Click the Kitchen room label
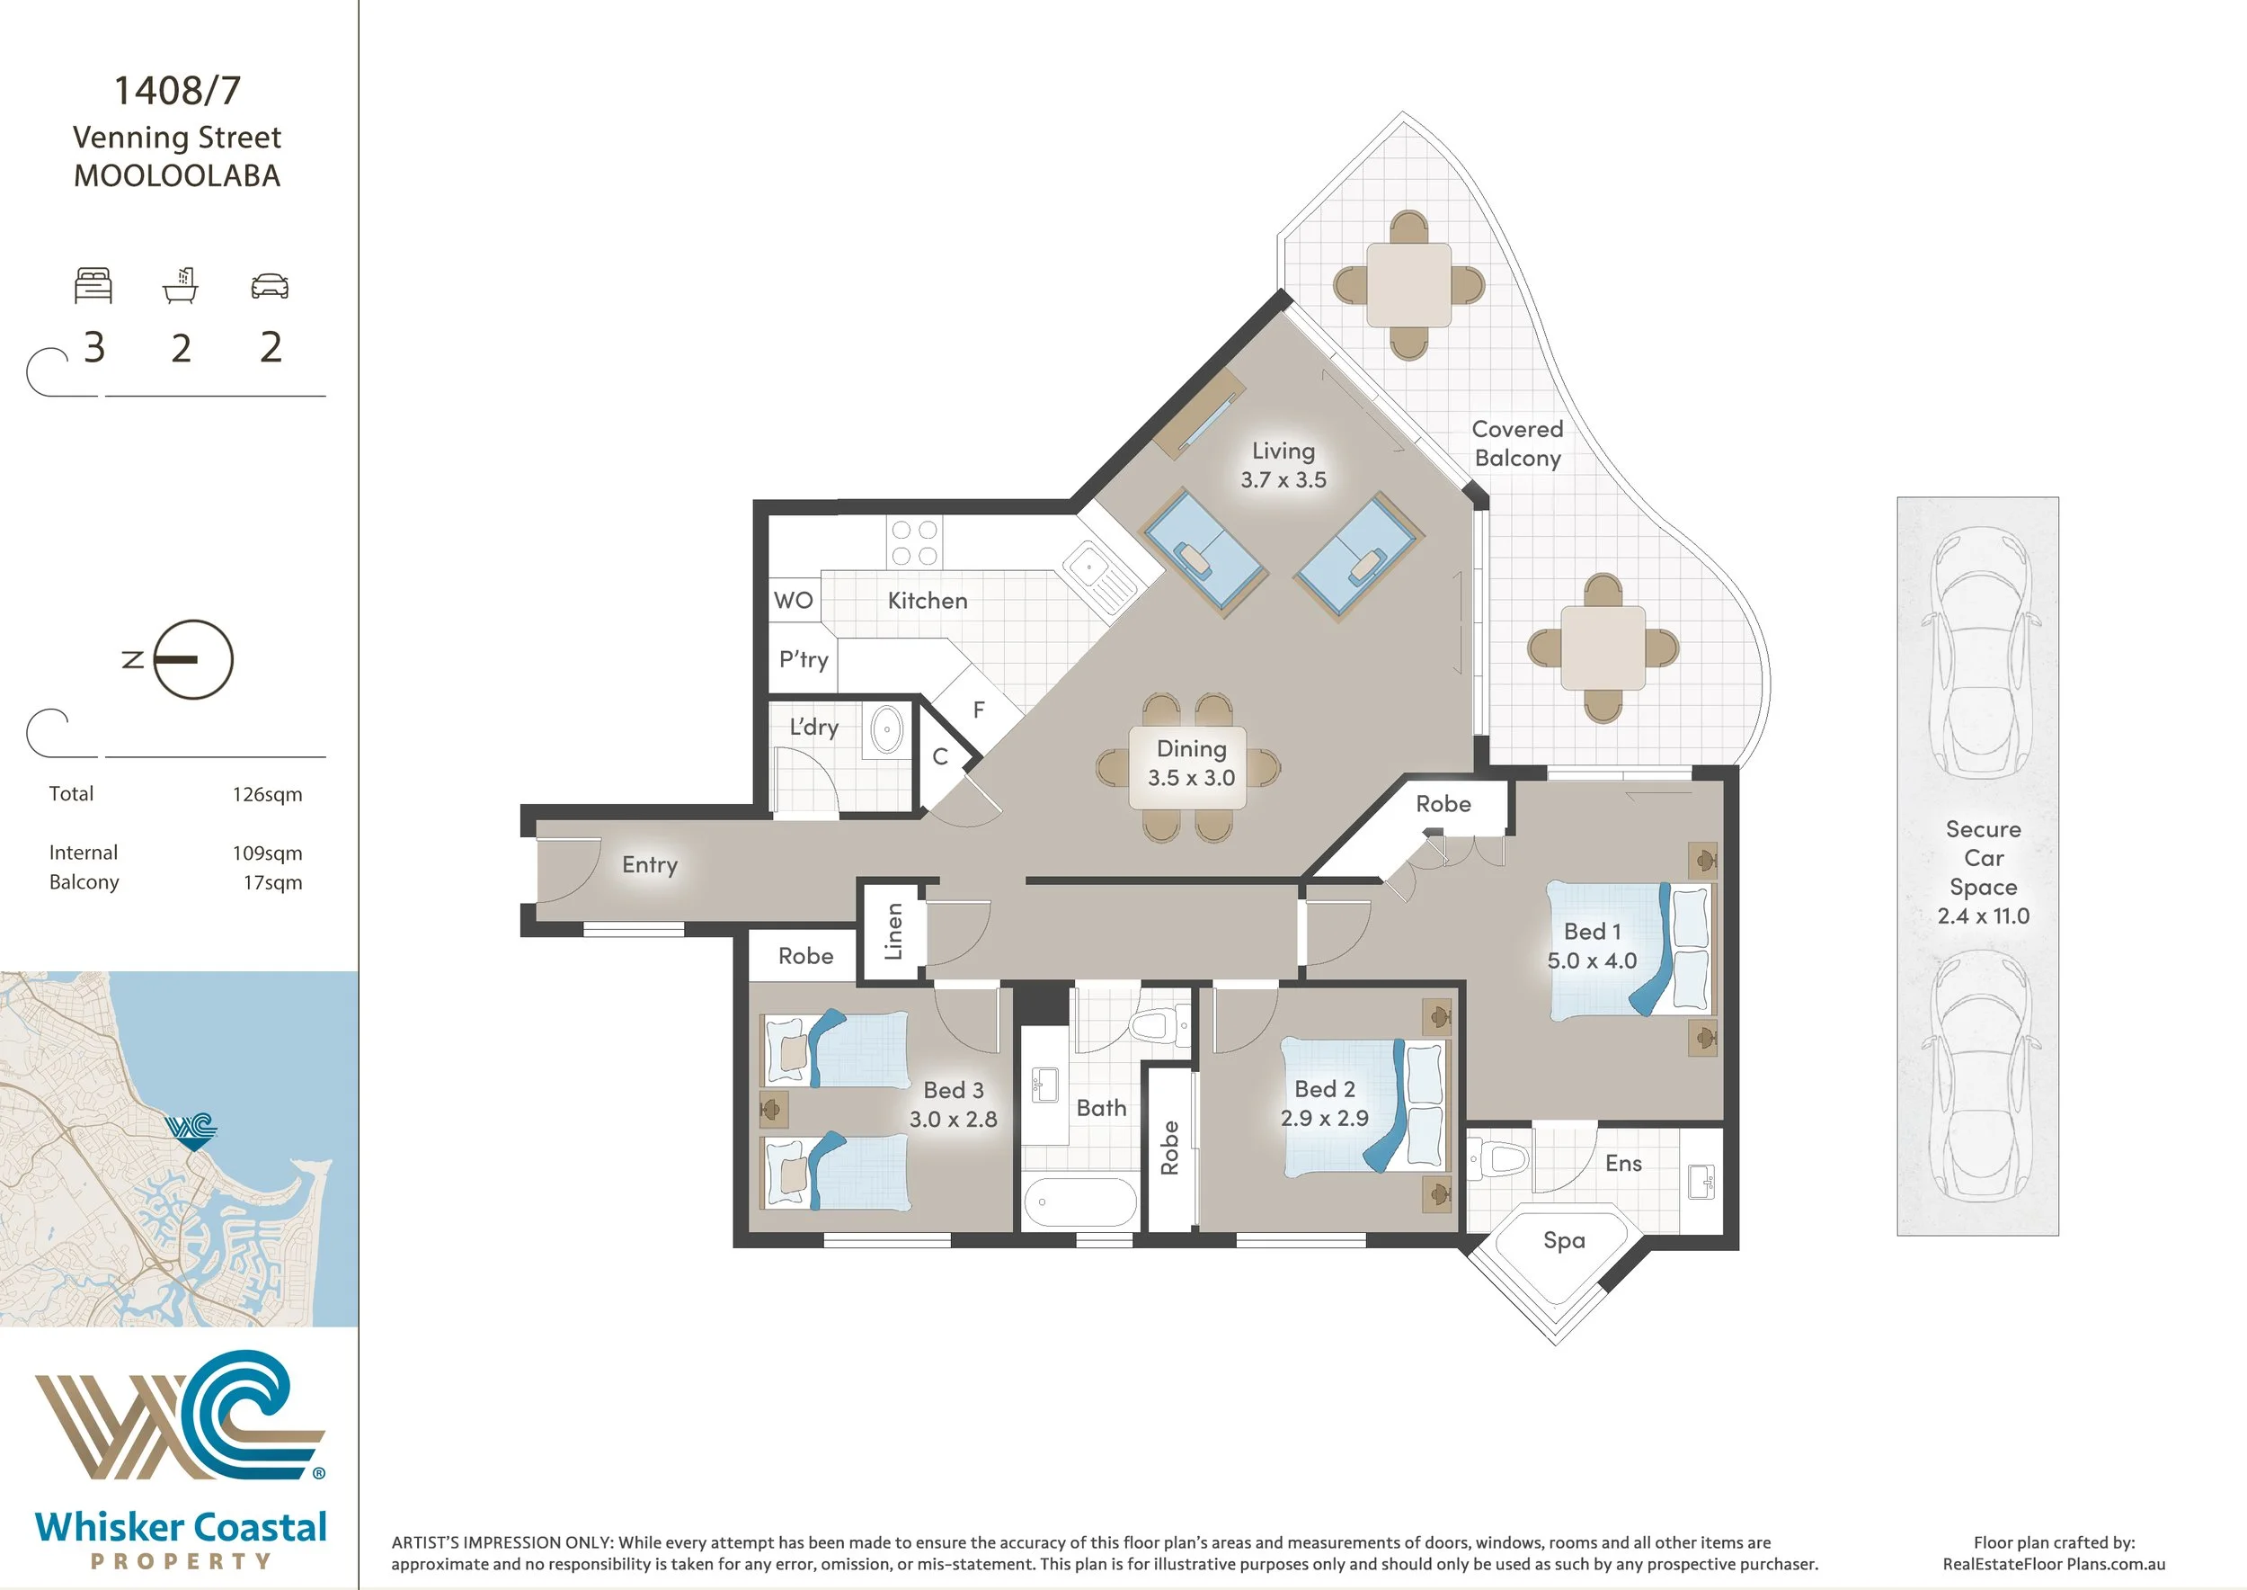pos(927,600)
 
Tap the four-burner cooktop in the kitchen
pos(914,543)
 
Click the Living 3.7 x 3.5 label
pos(1283,465)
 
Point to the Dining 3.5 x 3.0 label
pos(1191,763)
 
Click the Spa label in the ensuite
pos(1564,1240)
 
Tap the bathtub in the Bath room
pos(1079,1202)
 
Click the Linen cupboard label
pos(893,931)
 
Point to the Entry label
pos(650,864)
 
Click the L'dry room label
pos(813,727)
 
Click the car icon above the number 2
pos(271,286)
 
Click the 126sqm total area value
pos(267,795)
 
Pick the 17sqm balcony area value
pos(273,883)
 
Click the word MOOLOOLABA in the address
pos(177,176)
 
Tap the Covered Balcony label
pos(1517,443)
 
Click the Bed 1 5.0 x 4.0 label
pos(1591,946)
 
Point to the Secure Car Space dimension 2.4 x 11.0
pos(1983,916)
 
